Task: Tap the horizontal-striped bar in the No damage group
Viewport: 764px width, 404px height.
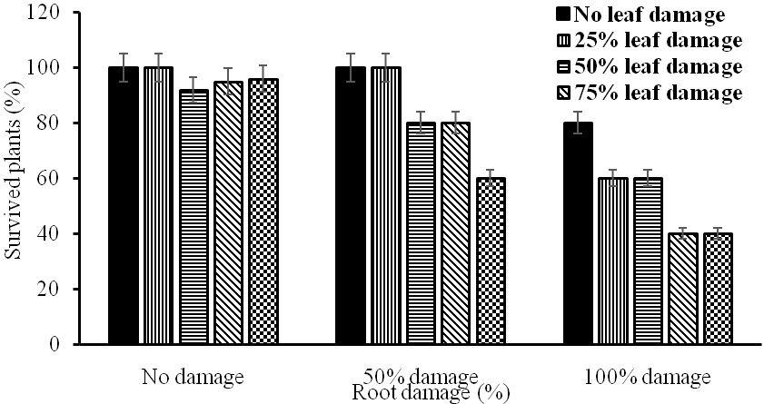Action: pos(193,217)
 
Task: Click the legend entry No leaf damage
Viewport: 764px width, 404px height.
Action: pos(650,14)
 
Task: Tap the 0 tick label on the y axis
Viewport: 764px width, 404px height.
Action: pos(56,345)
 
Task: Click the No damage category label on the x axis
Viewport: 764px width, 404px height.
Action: pos(192,376)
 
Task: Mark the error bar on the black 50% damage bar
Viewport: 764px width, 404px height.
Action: pos(352,67)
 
